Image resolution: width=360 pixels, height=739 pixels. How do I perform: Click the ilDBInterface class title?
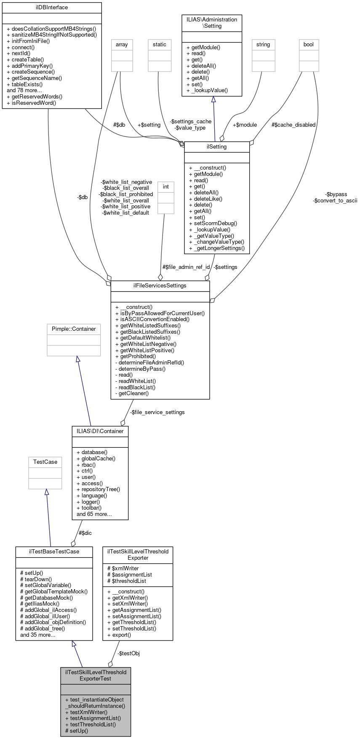[52, 8]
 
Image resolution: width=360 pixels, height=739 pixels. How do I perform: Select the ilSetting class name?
[217, 147]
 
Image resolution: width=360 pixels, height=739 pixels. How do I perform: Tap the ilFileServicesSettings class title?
[160, 285]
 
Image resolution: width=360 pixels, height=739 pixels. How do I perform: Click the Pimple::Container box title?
[74, 329]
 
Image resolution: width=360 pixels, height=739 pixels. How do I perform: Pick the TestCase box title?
[45, 462]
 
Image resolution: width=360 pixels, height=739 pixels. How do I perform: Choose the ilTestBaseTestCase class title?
[53, 551]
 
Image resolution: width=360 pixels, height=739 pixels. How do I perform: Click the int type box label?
[166, 186]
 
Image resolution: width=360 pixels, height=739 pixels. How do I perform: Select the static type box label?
[160, 44]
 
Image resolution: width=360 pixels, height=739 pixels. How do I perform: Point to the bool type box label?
[309, 44]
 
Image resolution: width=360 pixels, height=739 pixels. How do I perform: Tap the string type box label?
[263, 44]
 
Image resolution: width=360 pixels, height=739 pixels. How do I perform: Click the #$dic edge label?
[85, 533]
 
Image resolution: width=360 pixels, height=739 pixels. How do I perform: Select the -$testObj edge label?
[128, 653]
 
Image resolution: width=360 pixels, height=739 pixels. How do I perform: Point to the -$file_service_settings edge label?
[157, 412]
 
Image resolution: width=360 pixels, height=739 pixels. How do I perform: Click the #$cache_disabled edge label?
[293, 125]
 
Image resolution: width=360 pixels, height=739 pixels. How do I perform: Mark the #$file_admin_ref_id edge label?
[186, 267]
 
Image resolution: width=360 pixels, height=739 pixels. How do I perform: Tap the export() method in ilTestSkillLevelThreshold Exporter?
[122, 635]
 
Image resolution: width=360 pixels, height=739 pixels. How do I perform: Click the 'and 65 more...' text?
[94, 514]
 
